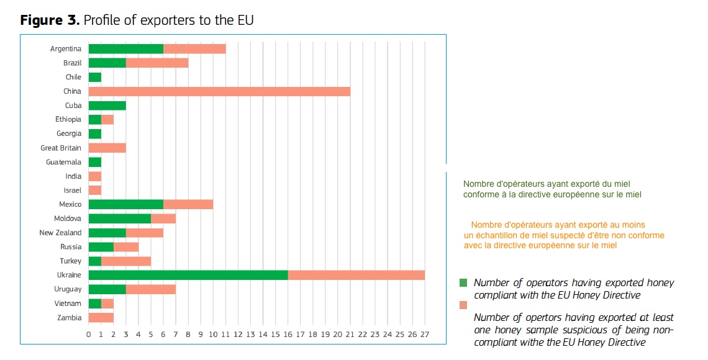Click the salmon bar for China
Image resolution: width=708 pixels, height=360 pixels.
219,91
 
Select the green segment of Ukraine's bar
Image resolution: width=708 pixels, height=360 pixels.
188,275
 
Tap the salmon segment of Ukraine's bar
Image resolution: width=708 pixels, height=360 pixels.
356,275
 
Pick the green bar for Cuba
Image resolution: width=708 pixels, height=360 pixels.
107,106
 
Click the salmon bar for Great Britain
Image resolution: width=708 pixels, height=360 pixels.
107,148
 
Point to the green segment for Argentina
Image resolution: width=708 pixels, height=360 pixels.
126,48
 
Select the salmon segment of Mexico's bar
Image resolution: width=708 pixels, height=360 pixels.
188,204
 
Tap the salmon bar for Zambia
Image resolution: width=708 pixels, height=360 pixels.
101,318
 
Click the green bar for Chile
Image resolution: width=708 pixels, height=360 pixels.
95,77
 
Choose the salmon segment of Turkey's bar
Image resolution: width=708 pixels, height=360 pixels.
126,261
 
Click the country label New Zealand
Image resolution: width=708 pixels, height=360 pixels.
60,233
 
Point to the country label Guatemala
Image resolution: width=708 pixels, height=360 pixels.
63,162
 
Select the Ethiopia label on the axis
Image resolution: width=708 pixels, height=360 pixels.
68,119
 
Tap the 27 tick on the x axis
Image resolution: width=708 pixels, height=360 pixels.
425,334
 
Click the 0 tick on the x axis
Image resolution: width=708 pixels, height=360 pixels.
89,334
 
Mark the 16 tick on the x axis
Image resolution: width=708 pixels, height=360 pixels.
288,334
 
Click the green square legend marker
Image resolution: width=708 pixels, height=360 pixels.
463,283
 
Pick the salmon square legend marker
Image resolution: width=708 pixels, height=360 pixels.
463,305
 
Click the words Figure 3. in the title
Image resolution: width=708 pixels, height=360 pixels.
50,20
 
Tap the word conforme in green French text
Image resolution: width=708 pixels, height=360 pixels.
478,194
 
